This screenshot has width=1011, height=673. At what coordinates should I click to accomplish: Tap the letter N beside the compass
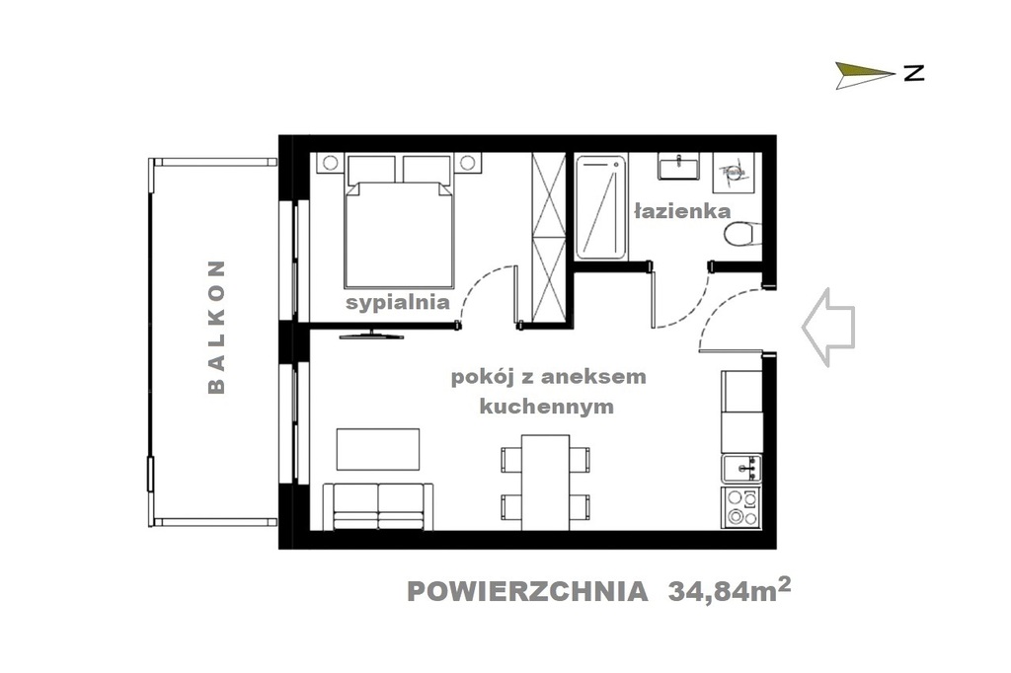click(x=913, y=73)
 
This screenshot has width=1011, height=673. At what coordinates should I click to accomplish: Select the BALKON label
click(x=217, y=327)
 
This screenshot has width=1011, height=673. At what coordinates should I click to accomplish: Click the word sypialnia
click(x=398, y=302)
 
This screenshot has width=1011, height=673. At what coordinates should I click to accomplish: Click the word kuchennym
click(x=546, y=406)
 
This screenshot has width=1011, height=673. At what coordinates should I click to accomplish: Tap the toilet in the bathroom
click(x=741, y=234)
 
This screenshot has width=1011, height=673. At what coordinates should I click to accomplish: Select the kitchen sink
click(x=741, y=466)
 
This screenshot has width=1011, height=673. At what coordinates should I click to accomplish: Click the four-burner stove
click(x=741, y=507)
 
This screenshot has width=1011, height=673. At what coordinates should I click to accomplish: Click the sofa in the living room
click(x=378, y=505)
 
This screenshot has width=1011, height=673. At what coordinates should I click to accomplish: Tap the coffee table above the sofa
click(x=378, y=450)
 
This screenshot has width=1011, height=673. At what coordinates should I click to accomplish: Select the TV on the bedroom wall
click(x=371, y=334)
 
